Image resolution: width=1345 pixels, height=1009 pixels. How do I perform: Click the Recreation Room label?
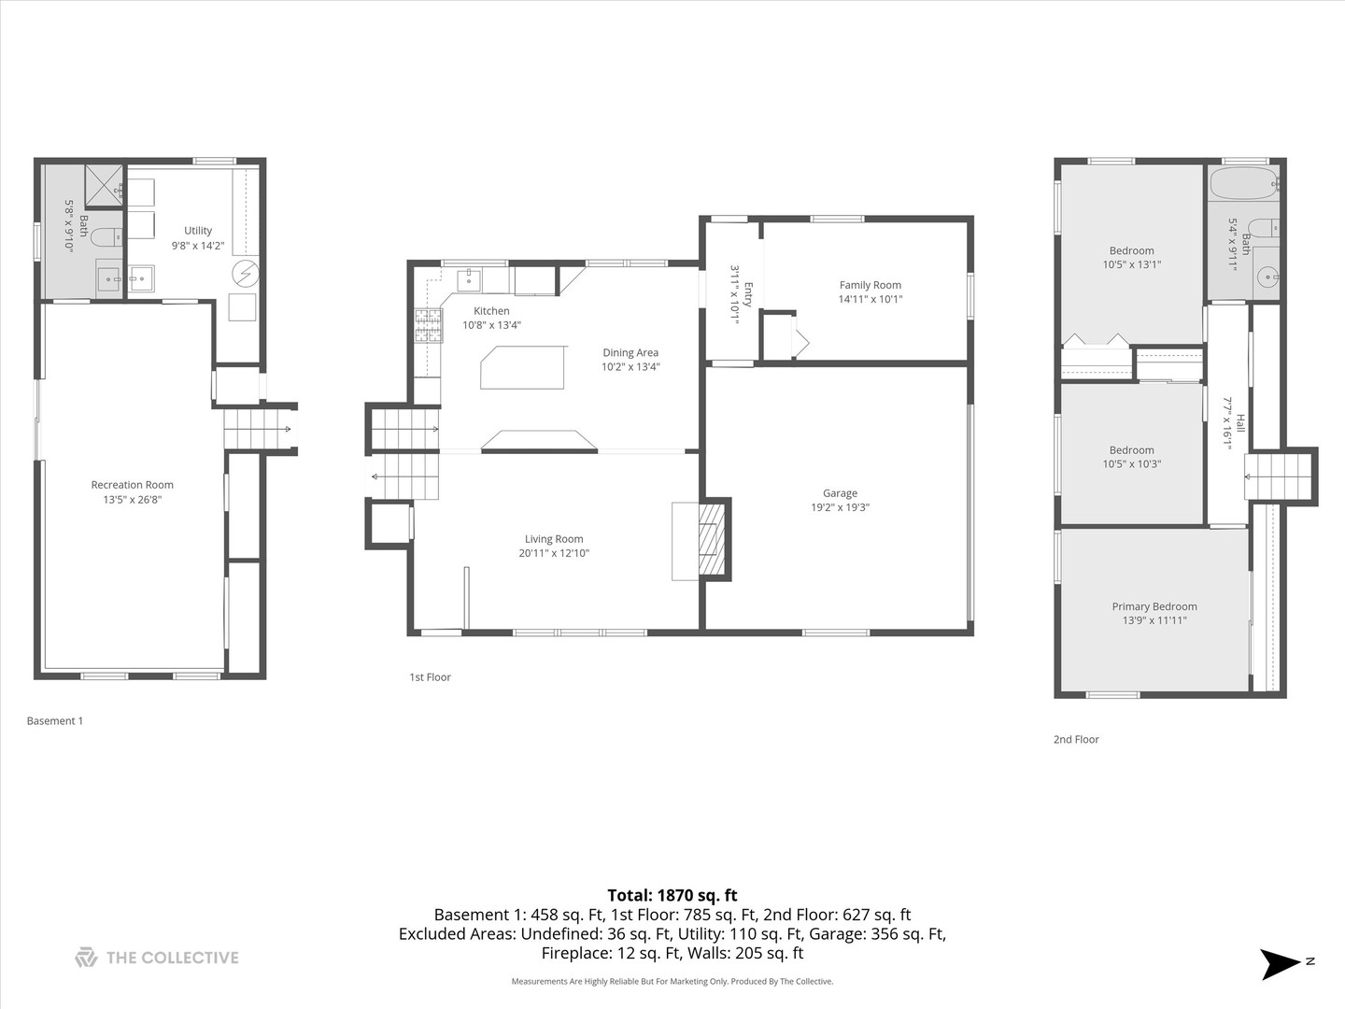click(132, 485)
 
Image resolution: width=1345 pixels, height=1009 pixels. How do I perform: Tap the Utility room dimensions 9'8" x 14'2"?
click(197, 246)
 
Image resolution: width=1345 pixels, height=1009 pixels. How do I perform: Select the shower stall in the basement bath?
click(104, 185)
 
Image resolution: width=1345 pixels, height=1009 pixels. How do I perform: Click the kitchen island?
click(523, 367)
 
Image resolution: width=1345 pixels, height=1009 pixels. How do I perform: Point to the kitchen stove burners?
click(429, 326)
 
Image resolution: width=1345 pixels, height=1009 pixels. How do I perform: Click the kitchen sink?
click(468, 280)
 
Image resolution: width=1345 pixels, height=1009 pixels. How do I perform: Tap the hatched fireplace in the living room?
click(712, 539)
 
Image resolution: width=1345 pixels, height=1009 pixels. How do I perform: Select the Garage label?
click(840, 493)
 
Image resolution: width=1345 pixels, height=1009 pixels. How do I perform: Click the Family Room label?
click(870, 285)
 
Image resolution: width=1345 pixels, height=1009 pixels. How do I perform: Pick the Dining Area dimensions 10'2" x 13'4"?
click(630, 367)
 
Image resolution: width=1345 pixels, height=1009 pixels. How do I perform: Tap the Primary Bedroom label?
click(1154, 606)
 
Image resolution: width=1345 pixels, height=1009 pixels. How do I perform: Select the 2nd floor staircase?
click(1274, 476)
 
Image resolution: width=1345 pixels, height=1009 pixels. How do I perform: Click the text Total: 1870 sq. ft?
click(672, 895)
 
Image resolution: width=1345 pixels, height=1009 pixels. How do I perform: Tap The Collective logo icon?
click(86, 958)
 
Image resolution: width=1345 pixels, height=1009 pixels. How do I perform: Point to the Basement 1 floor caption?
click(55, 721)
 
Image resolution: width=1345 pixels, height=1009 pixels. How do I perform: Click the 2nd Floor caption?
click(1076, 739)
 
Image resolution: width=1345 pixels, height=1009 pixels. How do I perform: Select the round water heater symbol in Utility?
click(245, 273)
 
